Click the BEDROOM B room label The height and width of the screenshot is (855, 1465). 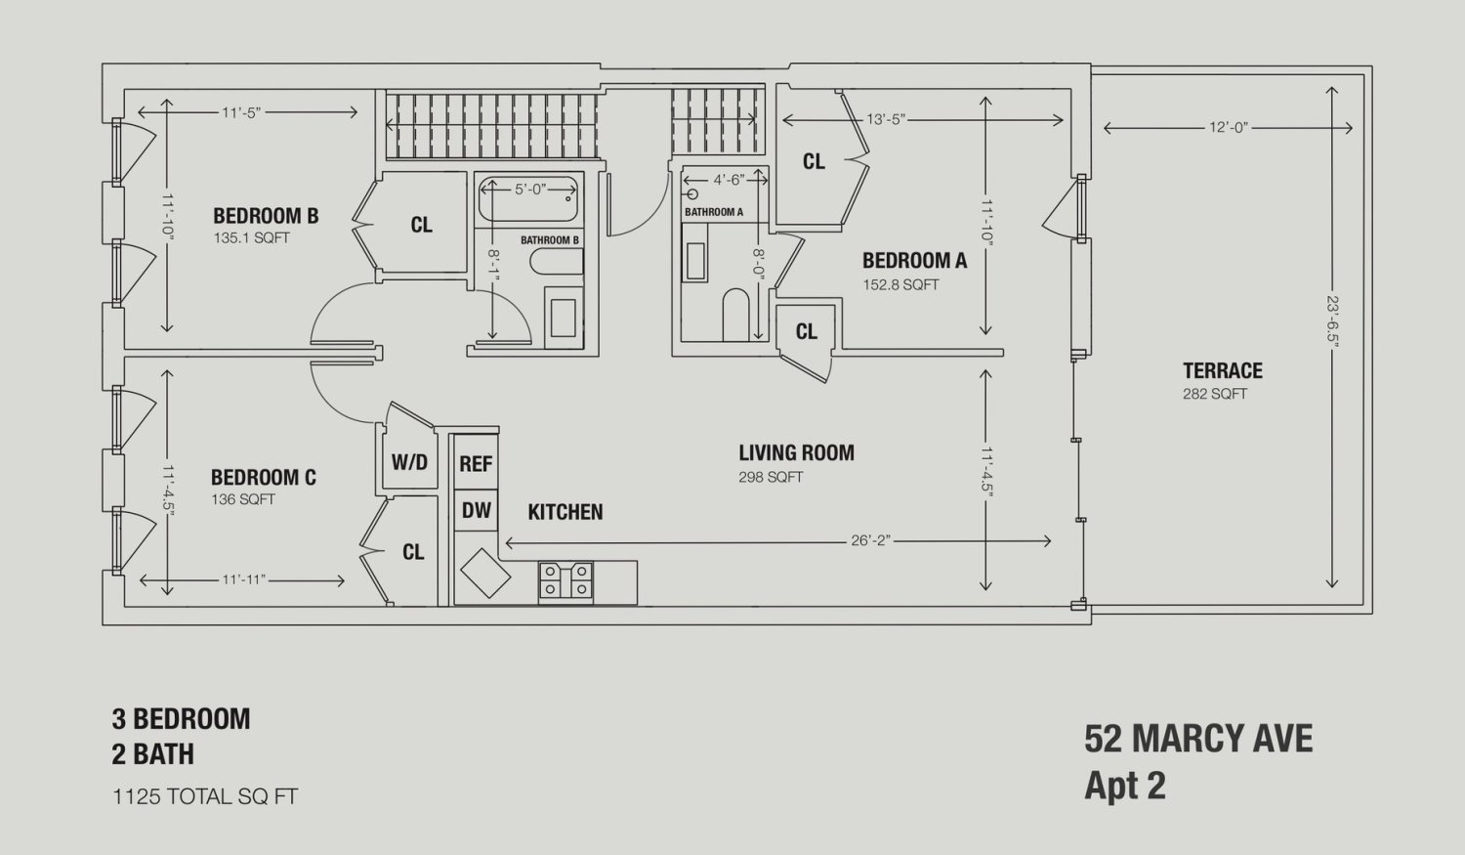pyautogui.click(x=266, y=216)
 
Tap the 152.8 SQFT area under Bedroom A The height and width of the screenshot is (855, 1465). pyautogui.click(x=900, y=284)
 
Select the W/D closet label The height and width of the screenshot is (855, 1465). pyautogui.click(x=409, y=462)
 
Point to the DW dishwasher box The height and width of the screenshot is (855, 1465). pyautogui.click(x=477, y=510)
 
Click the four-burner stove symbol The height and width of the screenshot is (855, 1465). pyautogui.click(x=565, y=580)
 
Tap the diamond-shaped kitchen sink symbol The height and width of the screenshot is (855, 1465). pyautogui.click(x=485, y=573)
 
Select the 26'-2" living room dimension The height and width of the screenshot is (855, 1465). pyautogui.click(x=871, y=541)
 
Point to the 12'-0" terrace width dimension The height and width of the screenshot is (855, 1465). pyautogui.click(x=1229, y=128)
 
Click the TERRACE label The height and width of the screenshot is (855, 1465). pyautogui.click(x=1223, y=371)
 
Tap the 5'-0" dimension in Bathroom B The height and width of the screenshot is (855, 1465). pyautogui.click(x=529, y=190)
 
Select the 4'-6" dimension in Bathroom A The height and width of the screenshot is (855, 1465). pyautogui.click(x=729, y=179)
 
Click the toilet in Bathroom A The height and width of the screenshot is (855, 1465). pyautogui.click(x=735, y=316)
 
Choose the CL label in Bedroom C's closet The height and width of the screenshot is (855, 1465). pyautogui.click(x=413, y=552)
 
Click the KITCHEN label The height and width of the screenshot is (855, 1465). pyautogui.click(x=565, y=512)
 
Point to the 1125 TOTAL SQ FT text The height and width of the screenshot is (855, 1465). pyautogui.click(x=205, y=796)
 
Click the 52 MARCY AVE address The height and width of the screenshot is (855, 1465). pyautogui.click(x=1198, y=740)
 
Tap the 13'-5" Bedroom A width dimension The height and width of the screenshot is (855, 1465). pyautogui.click(x=886, y=120)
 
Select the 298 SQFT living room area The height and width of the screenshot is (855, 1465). pyautogui.click(x=771, y=477)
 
